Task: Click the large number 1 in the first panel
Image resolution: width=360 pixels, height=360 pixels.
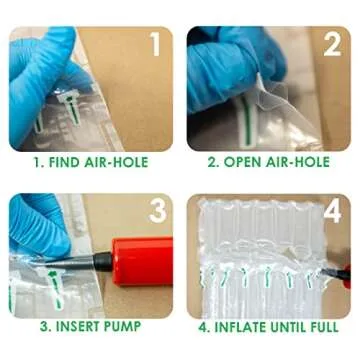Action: coord(155,45)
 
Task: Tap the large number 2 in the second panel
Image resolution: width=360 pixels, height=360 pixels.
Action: coord(331,45)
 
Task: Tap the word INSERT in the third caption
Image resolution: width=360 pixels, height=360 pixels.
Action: coord(72,327)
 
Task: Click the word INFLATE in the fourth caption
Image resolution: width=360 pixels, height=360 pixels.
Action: coord(240,327)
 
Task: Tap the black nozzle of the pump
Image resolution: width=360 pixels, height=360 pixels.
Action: coord(100,262)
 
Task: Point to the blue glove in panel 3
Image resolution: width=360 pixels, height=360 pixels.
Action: coord(35,225)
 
